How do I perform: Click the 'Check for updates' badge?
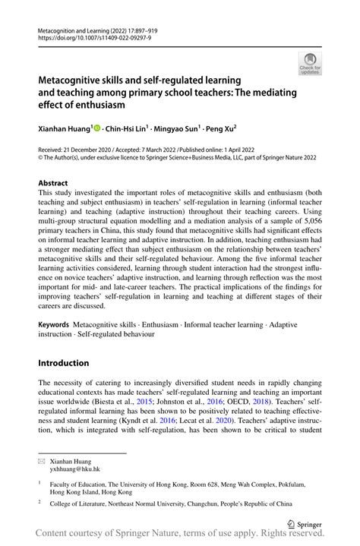point(310,65)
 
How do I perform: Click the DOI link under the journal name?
point(90,36)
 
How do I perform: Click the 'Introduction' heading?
point(65,362)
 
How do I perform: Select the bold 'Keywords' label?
point(54,324)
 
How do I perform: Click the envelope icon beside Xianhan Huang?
point(43,461)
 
